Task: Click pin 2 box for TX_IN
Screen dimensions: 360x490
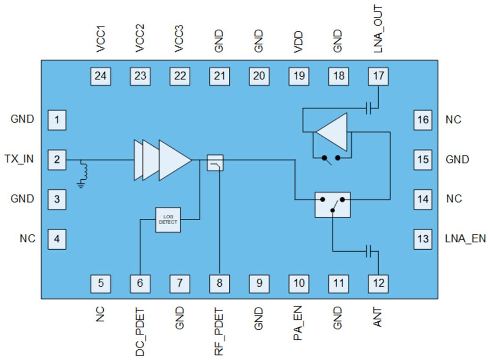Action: [x=57, y=160]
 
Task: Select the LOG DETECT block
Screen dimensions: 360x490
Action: [x=168, y=220]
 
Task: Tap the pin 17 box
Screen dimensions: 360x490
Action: [x=378, y=76]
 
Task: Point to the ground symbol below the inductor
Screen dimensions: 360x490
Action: [x=81, y=184]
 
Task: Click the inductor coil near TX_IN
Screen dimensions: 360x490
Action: [x=83, y=170]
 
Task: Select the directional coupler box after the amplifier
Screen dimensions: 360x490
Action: [x=215, y=163]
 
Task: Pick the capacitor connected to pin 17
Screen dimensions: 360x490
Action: [x=368, y=108]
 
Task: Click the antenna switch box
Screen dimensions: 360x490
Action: [x=332, y=205]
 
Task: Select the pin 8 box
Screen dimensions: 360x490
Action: [x=219, y=283]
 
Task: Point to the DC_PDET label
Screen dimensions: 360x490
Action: [x=140, y=332]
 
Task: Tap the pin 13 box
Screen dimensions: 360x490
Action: [x=423, y=239]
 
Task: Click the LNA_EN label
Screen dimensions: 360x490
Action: [x=465, y=239]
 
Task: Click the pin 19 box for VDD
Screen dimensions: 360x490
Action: [x=299, y=76]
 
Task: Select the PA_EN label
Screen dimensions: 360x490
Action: [x=299, y=323]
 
